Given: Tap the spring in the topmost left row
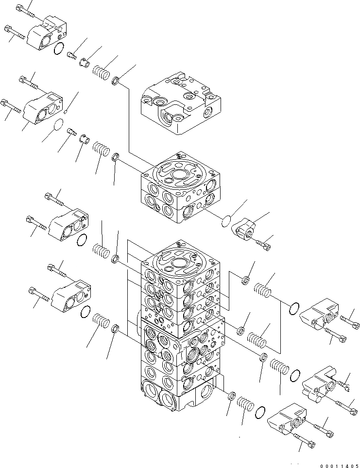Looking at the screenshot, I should (x=100, y=73).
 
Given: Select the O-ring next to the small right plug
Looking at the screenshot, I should (x=225, y=221).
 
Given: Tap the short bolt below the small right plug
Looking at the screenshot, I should (x=262, y=245).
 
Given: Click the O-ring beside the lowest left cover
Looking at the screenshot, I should (x=86, y=311).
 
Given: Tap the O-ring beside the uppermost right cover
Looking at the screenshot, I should (x=293, y=308).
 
